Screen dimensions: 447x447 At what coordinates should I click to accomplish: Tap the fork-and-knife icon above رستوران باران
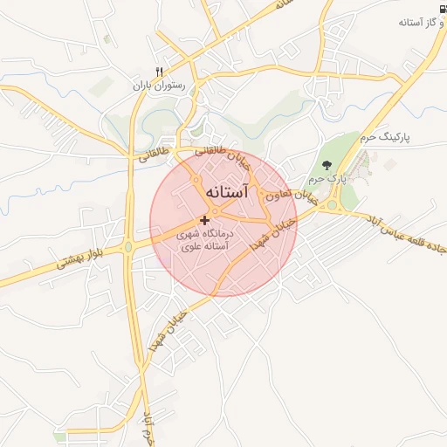(x=159, y=71)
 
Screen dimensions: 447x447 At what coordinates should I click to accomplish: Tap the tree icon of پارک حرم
(x=327, y=164)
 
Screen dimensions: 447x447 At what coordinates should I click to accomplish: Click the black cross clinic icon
(x=204, y=219)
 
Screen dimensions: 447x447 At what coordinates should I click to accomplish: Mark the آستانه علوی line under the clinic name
(x=204, y=247)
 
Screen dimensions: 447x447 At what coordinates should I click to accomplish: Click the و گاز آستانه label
(x=411, y=22)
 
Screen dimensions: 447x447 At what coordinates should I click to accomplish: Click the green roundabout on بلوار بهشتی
(x=128, y=247)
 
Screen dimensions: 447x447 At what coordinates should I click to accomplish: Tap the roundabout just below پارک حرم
(x=332, y=206)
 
